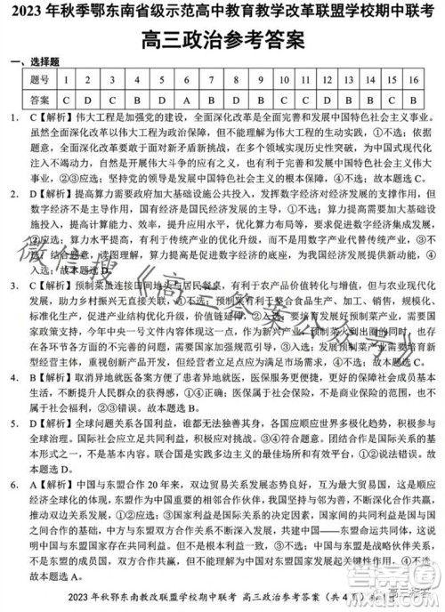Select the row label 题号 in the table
point(38,79)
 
